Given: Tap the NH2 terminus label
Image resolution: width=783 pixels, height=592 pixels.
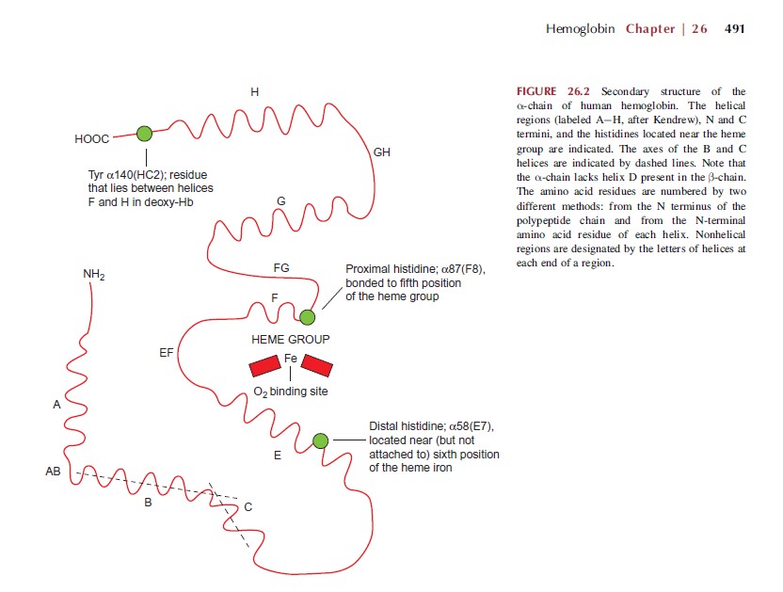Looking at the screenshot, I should (93, 274).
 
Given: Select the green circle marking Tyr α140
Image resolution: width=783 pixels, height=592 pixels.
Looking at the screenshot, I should (144, 134).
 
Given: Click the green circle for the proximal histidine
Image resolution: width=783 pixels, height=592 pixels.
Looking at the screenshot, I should (307, 317).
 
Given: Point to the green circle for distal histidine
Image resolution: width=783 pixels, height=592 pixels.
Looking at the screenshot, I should (320, 440).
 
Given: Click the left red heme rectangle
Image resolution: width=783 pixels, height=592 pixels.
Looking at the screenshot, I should (264, 365).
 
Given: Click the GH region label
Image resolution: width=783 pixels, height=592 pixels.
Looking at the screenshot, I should (381, 152).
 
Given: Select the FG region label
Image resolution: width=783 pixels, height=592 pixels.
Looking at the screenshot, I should (280, 268).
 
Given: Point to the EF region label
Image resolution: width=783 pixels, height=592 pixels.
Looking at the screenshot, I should (165, 353).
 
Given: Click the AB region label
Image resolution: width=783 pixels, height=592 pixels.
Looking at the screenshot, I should (53, 472).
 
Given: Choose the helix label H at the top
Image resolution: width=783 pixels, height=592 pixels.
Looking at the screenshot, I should (254, 91).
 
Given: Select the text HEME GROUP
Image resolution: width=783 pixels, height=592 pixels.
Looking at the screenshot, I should (290, 339).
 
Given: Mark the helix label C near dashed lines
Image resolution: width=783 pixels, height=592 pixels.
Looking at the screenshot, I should (248, 507).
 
